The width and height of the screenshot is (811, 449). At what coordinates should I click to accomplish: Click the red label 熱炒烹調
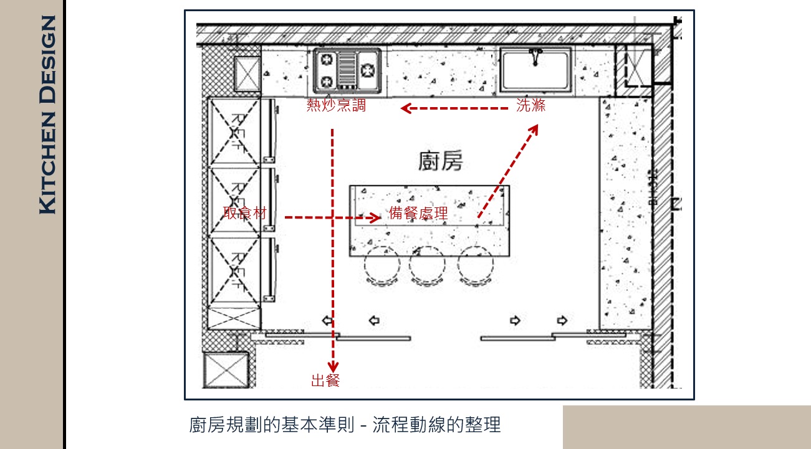pos(336,106)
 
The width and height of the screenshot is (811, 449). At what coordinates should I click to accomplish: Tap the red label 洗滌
pos(530,106)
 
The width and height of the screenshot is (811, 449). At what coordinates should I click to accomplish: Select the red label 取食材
pos(245,213)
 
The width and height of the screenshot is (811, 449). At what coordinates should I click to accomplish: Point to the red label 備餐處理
pos(418,214)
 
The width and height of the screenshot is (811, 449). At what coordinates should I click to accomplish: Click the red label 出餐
pos(325,380)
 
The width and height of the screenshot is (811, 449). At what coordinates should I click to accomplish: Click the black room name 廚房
pos(441,162)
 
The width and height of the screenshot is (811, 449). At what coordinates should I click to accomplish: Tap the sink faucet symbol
pos(535,57)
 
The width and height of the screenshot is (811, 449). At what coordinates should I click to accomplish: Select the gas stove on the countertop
pos(347,69)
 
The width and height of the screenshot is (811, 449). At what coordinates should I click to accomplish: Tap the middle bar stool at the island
pos(427,265)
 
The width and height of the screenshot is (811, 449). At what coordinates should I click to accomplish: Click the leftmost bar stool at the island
pos(382,265)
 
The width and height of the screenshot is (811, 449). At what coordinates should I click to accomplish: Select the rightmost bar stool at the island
pos(476,265)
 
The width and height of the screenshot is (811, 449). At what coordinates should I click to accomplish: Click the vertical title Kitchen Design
pos(47,115)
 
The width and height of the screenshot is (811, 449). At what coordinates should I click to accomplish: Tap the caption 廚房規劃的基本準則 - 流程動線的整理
pos(345,425)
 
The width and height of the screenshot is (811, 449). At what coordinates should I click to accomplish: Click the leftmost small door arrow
pos(327,321)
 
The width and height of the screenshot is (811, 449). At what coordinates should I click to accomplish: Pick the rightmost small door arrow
pos(562,321)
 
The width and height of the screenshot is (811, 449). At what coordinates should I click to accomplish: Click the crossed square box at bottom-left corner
pos(226,371)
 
